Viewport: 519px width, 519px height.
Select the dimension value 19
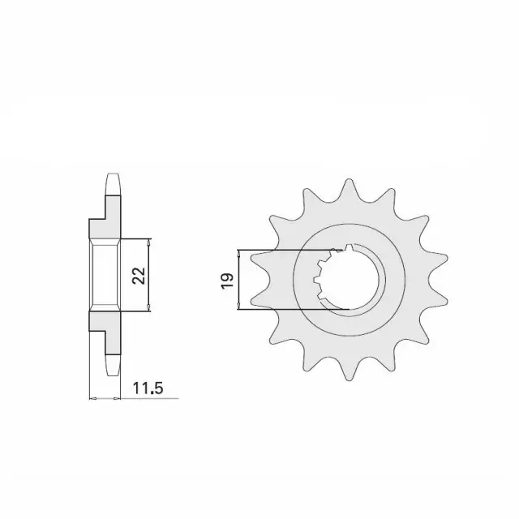pyautogui.click(x=227, y=280)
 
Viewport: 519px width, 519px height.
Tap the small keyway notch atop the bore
pyautogui.click(x=349, y=248)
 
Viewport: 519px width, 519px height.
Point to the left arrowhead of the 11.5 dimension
pyautogui.click(x=92, y=398)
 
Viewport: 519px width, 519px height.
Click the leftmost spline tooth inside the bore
pyautogui.click(x=317, y=281)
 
